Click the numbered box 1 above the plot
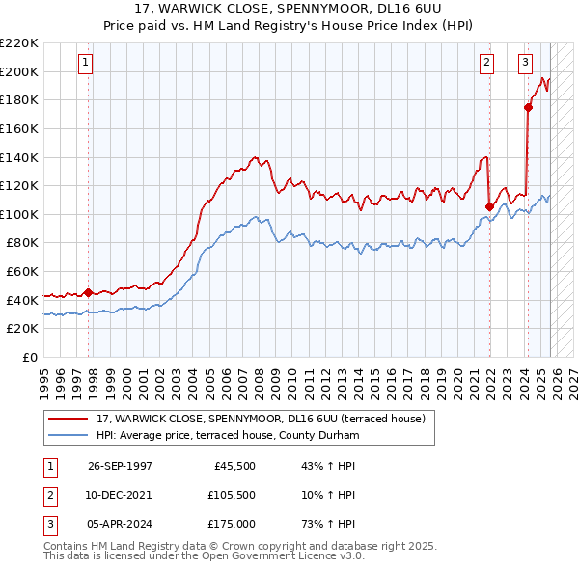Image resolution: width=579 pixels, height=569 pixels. [x=86, y=63]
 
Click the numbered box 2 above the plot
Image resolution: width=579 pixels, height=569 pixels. [x=486, y=63]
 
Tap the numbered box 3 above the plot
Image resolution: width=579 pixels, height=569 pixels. [x=525, y=63]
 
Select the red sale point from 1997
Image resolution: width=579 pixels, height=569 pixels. [x=89, y=291]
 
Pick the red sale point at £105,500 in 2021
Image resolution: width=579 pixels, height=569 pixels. [x=490, y=205]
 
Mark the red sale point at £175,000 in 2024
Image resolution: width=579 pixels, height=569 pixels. [x=528, y=107]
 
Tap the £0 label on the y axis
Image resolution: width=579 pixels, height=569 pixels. [x=29, y=357]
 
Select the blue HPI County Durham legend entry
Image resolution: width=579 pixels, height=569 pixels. [x=227, y=435]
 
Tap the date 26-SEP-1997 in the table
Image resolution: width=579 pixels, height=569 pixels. [x=120, y=466]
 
